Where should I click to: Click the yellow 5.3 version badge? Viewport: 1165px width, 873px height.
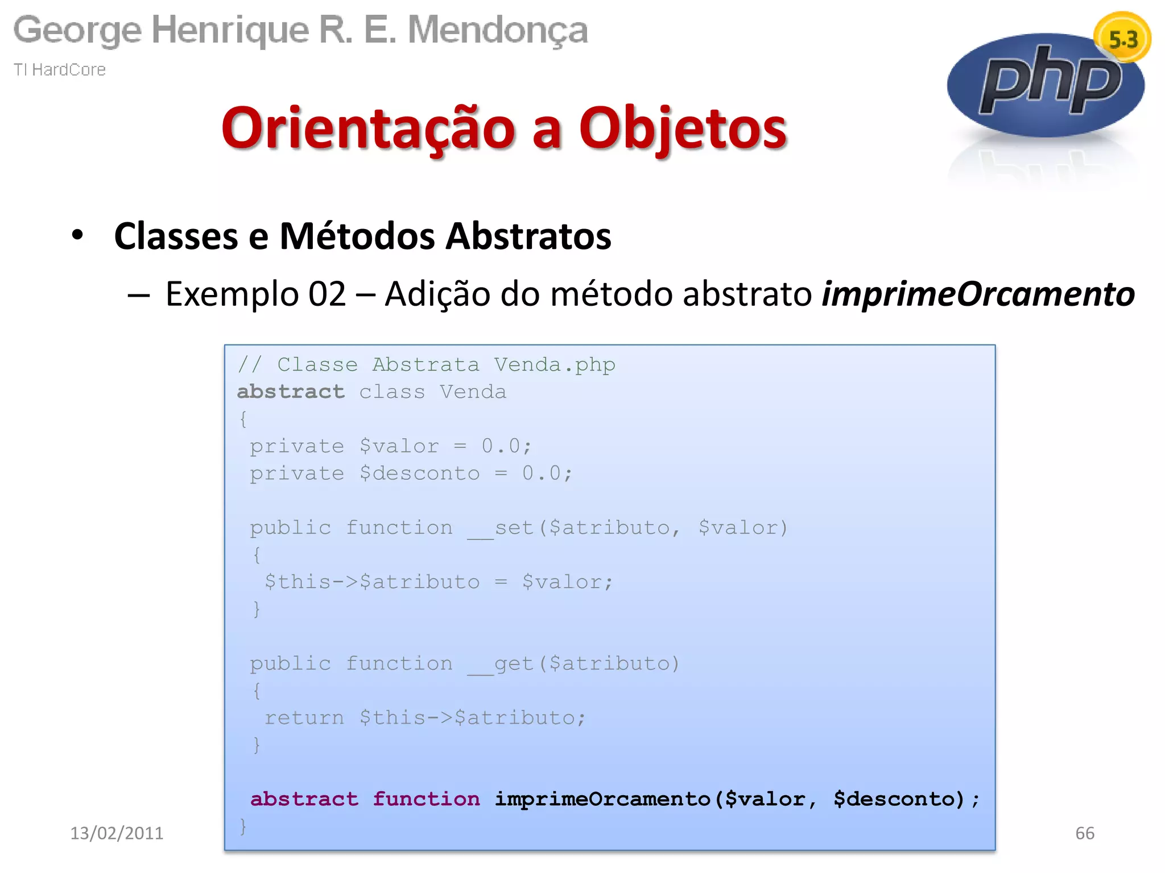1122,39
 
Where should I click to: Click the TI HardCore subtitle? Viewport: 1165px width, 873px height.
60,69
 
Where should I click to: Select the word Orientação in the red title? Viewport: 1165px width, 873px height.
369,128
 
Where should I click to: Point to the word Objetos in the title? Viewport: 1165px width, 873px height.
683,128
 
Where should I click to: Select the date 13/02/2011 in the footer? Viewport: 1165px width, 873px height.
117,833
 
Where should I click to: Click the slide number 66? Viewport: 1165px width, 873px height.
1084,833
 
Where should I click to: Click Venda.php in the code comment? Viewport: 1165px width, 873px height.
555,364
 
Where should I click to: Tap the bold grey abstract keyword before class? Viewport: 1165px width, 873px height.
291,392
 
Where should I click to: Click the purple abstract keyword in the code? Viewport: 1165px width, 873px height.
304,799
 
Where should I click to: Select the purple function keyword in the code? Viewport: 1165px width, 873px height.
426,799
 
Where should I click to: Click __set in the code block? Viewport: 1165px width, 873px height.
501,528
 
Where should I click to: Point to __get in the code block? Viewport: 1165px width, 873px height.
501,664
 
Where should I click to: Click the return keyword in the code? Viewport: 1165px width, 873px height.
304,718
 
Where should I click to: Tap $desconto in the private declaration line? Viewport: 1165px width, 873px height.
419,473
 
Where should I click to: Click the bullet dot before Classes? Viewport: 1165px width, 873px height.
78,235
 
